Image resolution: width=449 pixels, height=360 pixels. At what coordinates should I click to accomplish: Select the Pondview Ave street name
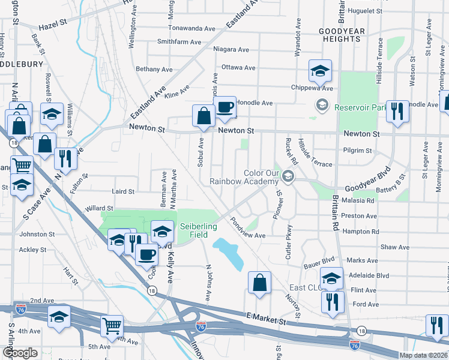click(x=247, y=233)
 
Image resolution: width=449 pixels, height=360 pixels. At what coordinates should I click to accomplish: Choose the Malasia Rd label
click(x=357, y=201)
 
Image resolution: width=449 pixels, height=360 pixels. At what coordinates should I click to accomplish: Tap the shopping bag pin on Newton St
click(x=203, y=116)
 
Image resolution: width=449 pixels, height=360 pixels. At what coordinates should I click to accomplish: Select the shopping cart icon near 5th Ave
click(x=112, y=326)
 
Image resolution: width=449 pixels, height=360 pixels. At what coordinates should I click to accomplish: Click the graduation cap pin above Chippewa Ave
click(x=320, y=71)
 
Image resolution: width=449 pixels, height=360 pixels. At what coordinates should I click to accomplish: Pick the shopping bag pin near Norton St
click(x=259, y=283)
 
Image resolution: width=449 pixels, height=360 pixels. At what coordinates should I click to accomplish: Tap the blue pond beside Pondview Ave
click(x=228, y=251)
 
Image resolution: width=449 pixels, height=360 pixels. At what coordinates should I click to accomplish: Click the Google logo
click(x=20, y=353)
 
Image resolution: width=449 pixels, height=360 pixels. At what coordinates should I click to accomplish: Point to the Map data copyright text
click(x=423, y=355)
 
